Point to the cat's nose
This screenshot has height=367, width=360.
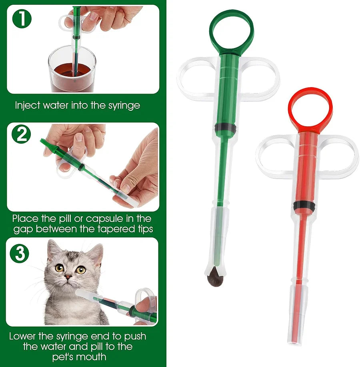tap(69, 276)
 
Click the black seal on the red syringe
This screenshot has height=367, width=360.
tap(304, 205)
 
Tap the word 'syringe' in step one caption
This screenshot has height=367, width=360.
tap(121, 106)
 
